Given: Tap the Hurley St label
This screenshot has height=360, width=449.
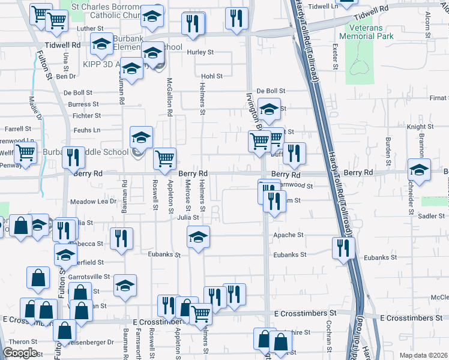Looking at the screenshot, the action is click(200, 52).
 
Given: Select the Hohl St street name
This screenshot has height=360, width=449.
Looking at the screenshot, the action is click(212, 76).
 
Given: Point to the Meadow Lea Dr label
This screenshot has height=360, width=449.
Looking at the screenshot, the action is click(93, 202).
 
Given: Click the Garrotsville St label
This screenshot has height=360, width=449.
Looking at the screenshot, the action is click(89, 277).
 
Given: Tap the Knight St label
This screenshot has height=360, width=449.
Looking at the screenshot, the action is click(420, 127).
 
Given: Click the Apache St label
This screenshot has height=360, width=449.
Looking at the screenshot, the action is click(286, 236).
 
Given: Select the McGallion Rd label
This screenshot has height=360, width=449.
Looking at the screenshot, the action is click(170, 96).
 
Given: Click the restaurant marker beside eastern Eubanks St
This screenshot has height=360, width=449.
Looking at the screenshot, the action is click(343, 247).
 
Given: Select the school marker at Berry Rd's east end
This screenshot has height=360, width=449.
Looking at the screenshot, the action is click(419, 169).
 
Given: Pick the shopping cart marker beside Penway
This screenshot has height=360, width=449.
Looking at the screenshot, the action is click(25, 152).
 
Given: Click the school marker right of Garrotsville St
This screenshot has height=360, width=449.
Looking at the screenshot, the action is click(125, 285).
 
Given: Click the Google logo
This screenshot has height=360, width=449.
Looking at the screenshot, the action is click(20, 352).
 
